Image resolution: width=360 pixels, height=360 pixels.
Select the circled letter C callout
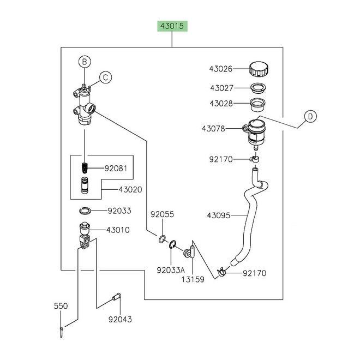105,77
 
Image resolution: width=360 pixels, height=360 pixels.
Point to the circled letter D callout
310,116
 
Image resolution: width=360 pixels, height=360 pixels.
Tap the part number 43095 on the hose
220,215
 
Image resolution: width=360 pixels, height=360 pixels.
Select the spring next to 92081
85,168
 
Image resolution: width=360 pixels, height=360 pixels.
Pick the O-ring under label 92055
163,239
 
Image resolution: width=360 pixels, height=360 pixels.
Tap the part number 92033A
171,269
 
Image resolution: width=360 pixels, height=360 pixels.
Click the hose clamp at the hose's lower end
223,272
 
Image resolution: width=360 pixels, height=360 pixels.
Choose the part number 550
61,306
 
